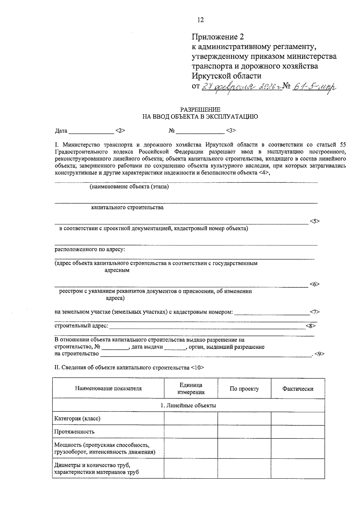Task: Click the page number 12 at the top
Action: pos(200,20)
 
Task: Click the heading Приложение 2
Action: pos(217,37)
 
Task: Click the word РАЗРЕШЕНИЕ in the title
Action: pos(200,110)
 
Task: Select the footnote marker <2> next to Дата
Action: pos(120,130)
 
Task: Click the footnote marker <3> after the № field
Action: pos(231,130)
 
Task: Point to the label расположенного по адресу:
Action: pos(90,249)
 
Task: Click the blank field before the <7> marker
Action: pos(271,313)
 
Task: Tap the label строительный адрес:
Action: pos(81,326)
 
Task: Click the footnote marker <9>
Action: pos(320,354)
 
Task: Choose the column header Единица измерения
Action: pos(191,388)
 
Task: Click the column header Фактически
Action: pos(298,389)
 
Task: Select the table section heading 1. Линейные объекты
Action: pos(188,406)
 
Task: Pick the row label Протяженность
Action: pos(74,432)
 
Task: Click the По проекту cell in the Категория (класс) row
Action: pos(244,418)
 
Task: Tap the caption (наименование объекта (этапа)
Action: pos(129,187)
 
